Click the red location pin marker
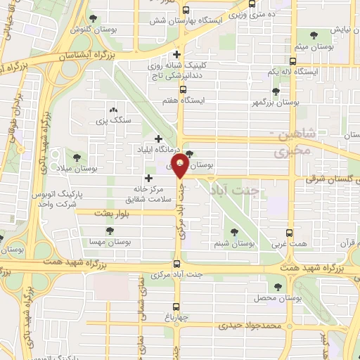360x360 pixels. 181,168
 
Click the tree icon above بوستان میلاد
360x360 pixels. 76,157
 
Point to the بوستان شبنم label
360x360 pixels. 233,245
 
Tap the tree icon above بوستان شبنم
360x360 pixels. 234,232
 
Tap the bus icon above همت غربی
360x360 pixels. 289,232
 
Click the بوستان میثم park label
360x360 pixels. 310,46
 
